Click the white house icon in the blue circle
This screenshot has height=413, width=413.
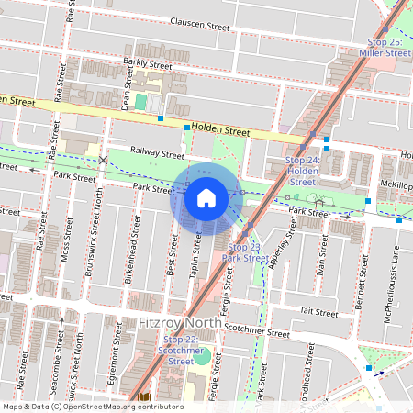coord(206,198)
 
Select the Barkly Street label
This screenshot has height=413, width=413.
coord(148,65)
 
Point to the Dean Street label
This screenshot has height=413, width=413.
coord(126,94)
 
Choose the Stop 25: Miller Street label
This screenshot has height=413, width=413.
coord(385,48)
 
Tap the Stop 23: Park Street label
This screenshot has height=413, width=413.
coord(245,253)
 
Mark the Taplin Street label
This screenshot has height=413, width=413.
coord(195,253)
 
